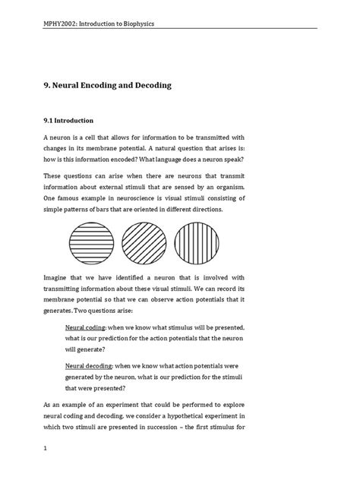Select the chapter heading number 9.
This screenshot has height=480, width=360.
(x=46, y=86)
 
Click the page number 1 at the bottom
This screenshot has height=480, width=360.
(x=46, y=449)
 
